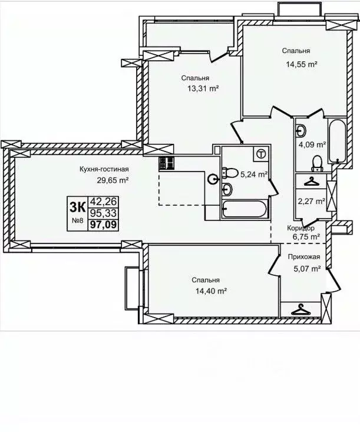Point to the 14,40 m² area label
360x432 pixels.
(210, 291)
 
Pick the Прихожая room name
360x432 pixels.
(303, 257)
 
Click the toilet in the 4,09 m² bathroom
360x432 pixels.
(317, 161)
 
